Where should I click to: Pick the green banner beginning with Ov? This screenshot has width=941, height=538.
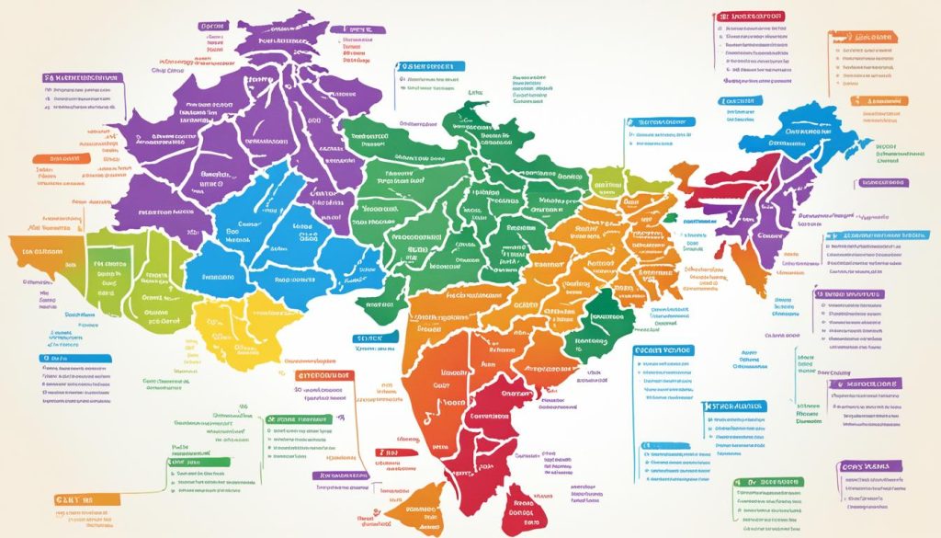768,482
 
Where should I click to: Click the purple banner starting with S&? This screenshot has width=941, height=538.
84,80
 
